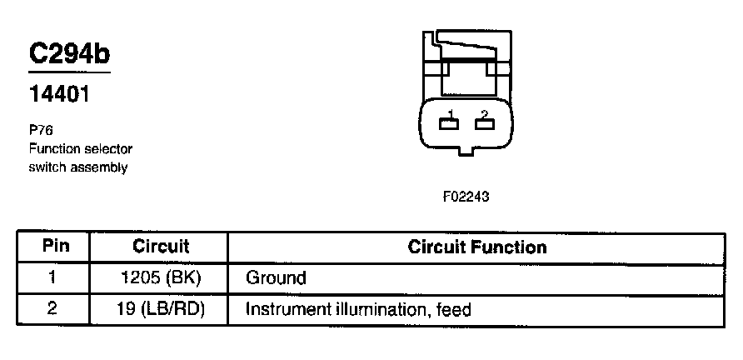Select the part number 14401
coord(59,95)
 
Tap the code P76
coord(41,131)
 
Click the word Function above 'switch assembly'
coord(54,149)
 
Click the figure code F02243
coord(466,198)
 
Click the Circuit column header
coord(161,247)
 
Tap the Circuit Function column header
coord(476,247)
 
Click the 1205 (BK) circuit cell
coord(161,277)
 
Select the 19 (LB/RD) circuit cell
coord(161,309)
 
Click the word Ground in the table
coord(276,277)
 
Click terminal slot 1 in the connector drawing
coord(450,124)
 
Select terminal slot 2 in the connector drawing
coord(484,124)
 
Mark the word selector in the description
coord(109,149)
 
